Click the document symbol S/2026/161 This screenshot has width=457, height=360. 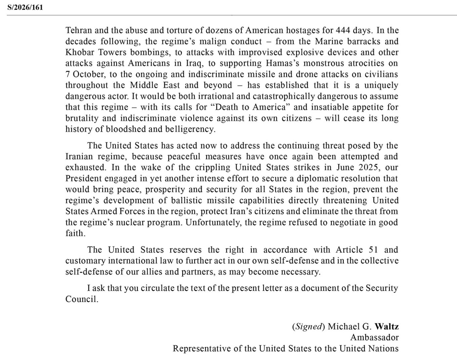(x=25, y=7)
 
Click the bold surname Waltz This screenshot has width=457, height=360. (x=387, y=326)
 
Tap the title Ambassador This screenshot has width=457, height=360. (x=374, y=337)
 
